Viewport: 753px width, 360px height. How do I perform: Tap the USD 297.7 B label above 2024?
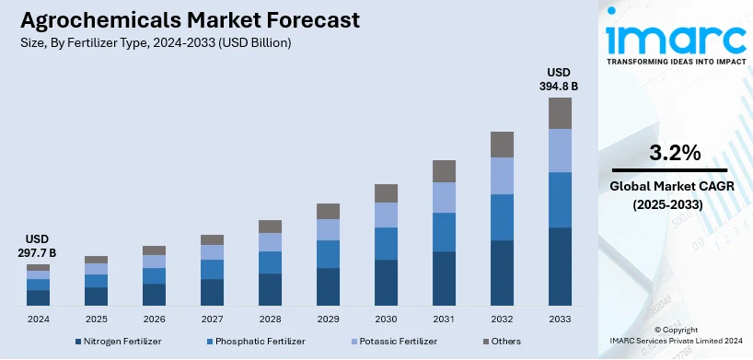point(38,246)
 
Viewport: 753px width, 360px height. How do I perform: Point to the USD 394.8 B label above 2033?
point(560,79)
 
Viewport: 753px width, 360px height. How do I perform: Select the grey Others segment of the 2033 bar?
point(560,112)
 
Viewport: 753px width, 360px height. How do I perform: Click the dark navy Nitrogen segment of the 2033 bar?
point(560,266)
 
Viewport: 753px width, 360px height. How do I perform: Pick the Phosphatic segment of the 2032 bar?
point(502,217)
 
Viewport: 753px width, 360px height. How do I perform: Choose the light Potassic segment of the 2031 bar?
point(444,197)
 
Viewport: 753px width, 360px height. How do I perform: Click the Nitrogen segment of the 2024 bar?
point(38,297)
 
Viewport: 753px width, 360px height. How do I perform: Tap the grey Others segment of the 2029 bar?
point(328,211)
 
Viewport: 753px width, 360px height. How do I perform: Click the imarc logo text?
point(675,38)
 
